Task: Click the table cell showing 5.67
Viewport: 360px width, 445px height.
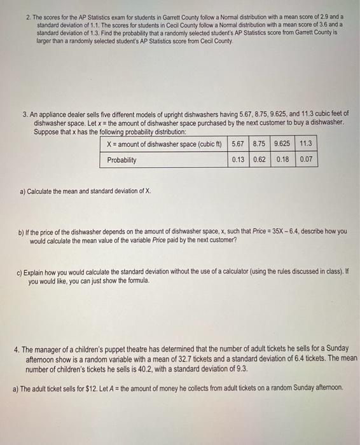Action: tap(238, 144)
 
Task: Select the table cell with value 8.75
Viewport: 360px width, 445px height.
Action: tap(259, 144)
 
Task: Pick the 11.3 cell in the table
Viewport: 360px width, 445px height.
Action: tap(307, 144)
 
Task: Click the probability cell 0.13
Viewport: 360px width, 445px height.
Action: tap(238, 160)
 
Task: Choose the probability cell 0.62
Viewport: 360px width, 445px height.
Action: tap(259, 160)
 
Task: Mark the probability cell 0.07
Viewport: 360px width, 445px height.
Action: tap(307, 160)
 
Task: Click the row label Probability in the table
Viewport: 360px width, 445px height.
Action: tap(121, 160)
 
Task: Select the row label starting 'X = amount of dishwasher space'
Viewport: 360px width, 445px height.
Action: tap(163, 144)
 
